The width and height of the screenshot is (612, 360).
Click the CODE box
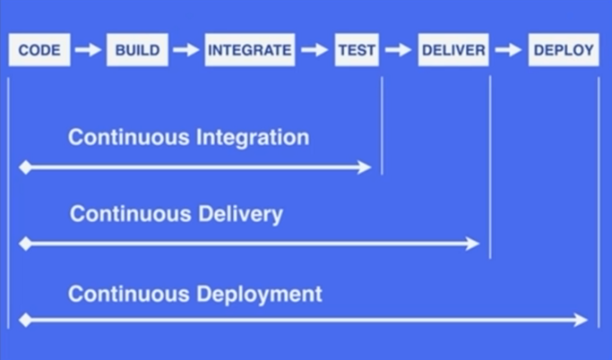pyautogui.click(x=39, y=50)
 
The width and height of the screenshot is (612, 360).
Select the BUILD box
pyautogui.click(x=137, y=50)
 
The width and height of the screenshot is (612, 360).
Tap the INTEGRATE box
pyautogui.click(x=250, y=50)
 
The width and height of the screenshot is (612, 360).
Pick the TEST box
pyautogui.click(x=357, y=50)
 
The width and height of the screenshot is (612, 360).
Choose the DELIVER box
pyautogui.click(x=453, y=50)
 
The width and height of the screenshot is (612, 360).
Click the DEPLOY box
pyautogui.click(x=564, y=50)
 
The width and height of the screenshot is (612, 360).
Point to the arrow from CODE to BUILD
pyautogui.click(x=88, y=50)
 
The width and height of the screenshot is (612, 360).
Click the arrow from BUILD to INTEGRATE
pyautogui.click(x=186, y=50)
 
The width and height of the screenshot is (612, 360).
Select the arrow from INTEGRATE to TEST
pyautogui.click(x=315, y=50)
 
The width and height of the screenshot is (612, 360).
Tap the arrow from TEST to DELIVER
pyautogui.click(x=398, y=50)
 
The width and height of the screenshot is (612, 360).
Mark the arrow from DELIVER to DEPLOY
pyautogui.click(x=508, y=50)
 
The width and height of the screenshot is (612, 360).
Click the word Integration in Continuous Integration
pyautogui.click(x=253, y=138)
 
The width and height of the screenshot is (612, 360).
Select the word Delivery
pyautogui.click(x=240, y=214)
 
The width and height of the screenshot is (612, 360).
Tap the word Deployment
pyautogui.click(x=259, y=294)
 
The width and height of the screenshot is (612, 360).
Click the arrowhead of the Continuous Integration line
pyautogui.click(x=365, y=167)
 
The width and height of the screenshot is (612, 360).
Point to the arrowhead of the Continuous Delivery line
pyautogui.click(x=472, y=244)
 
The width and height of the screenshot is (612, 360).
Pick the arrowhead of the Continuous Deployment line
pyautogui.click(x=581, y=320)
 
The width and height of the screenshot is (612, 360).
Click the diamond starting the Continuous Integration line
pyautogui.click(x=25, y=167)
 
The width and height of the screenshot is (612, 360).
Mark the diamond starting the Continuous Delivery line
pyautogui.click(x=25, y=244)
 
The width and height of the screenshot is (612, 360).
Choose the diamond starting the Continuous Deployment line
pyautogui.click(x=25, y=320)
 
